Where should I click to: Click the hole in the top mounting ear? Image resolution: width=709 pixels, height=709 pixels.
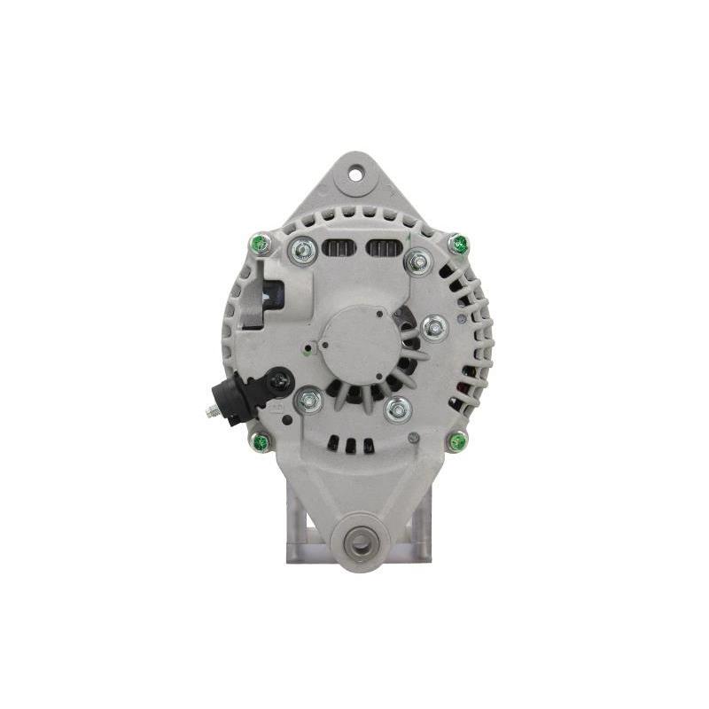[355, 173]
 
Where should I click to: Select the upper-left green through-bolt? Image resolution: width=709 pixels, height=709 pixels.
[261, 242]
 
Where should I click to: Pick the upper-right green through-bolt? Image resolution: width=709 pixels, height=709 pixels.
[457, 243]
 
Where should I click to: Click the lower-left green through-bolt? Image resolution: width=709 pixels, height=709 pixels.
[261, 440]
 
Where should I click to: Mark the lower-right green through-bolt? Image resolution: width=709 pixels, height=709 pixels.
[456, 440]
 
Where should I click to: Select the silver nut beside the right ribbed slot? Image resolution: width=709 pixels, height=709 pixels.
[417, 261]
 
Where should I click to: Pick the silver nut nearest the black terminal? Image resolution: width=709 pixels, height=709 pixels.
[308, 401]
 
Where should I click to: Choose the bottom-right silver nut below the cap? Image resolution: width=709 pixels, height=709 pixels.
[397, 409]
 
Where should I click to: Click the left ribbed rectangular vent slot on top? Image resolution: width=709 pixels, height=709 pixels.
[336, 247]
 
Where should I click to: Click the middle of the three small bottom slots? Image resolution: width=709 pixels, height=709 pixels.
[349, 446]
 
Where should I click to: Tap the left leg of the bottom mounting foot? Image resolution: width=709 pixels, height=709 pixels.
[298, 532]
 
